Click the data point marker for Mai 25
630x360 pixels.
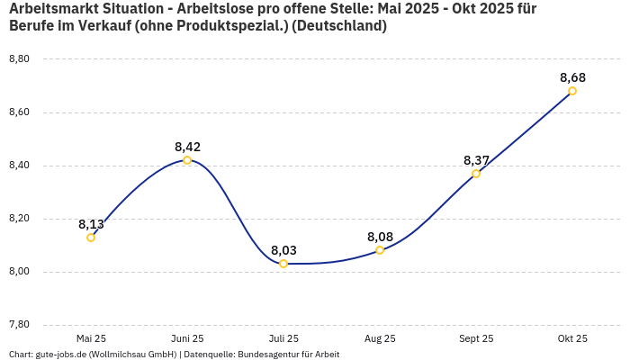point(91,238)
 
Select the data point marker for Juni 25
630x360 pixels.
point(187,160)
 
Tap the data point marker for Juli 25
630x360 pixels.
point(283,264)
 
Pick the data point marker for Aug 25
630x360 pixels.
point(380,250)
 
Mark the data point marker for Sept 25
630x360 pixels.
point(476,174)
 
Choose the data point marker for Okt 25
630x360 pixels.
point(572,91)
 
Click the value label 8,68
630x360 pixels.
point(572,77)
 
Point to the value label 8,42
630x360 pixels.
point(187,147)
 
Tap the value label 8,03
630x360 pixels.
point(283,250)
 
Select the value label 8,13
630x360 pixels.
point(91,224)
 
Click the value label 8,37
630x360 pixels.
point(476,160)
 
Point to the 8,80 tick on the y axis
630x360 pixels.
point(19,59)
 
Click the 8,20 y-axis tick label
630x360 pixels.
point(19,219)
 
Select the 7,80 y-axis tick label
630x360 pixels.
point(19,325)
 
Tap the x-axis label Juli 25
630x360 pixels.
point(283,339)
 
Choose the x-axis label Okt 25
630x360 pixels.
point(572,339)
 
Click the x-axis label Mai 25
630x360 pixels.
point(91,339)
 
